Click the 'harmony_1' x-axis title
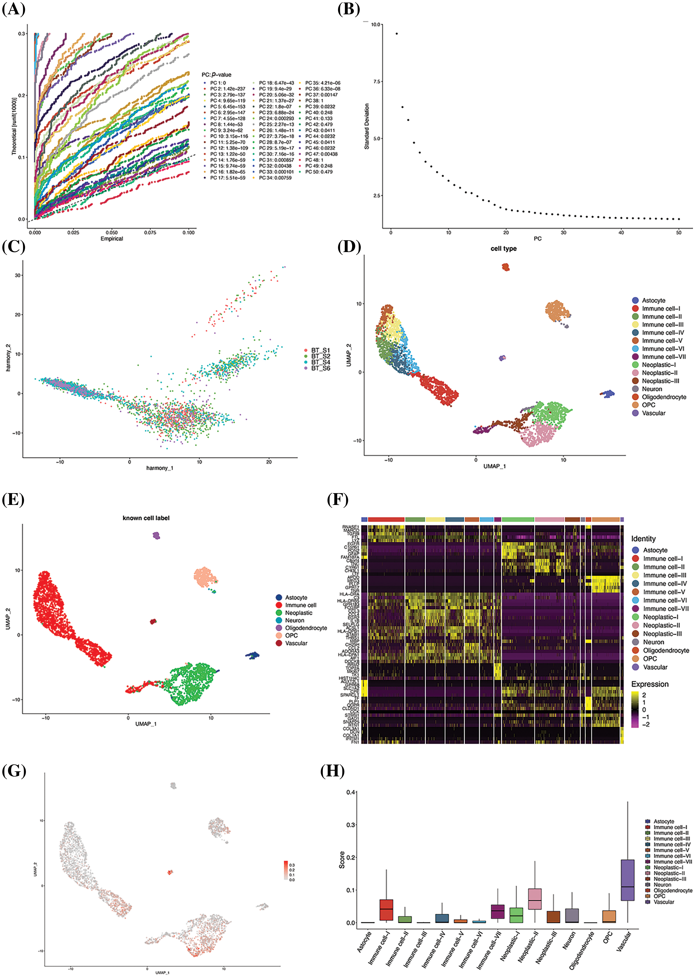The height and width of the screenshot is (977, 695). [160, 468]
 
